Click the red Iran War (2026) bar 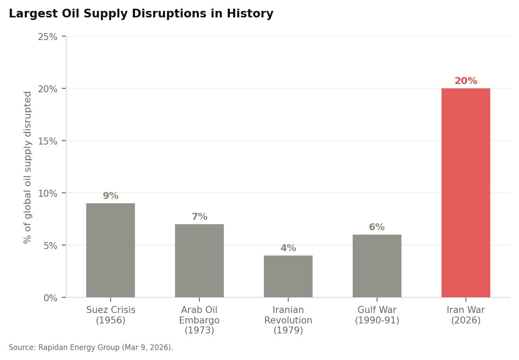(x=465, y=193)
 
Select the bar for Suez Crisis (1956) (x=111, y=250)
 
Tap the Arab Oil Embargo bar (x=199, y=261)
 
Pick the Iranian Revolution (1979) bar (x=288, y=276)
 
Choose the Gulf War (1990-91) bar (x=377, y=266)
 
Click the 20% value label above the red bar (x=465, y=81)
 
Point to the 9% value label (x=111, y=196)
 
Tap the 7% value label (x=199, y=217)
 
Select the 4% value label (x=288, y=248)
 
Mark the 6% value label (x=377, y=227)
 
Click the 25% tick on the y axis (x=48, y=37)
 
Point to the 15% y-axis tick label (x=48, y=141)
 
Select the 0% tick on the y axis (x=50, y=298)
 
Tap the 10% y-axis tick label (x=48, y=193)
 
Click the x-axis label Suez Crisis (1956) (x=111, y=315)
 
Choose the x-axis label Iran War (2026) (x=465, y=315)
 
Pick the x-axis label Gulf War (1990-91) (x=377, y=315)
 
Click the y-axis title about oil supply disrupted (x=28, y=167)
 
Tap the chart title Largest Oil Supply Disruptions (x=141, y=14)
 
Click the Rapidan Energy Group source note (x=91, y=347)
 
